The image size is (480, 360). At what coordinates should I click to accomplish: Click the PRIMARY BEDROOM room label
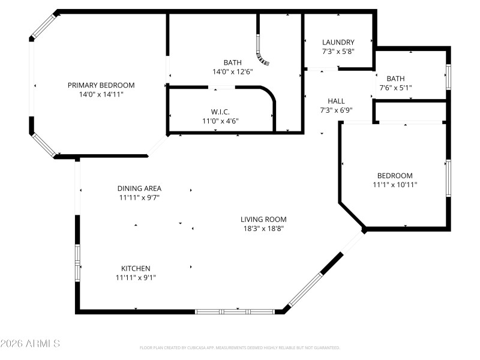(101, 85)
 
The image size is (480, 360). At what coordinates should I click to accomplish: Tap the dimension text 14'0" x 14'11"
(101, 94)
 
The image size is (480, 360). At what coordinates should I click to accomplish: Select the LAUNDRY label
(338, 42)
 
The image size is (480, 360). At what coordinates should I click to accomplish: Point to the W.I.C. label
(220, 112)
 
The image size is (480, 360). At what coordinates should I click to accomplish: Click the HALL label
(336, 101)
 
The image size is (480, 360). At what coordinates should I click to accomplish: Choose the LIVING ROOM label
(263, 219)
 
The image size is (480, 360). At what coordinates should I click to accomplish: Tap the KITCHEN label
(136, 268)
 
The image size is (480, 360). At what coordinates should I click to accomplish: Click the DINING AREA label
(139, 188)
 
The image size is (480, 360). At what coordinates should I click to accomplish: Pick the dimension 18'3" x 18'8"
(263, 229)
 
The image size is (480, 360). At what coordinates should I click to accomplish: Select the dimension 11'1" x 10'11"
(395, 185)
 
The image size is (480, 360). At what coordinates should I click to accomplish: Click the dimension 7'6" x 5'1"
(395, 88)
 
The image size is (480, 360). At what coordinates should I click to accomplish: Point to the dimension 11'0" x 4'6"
(220, 121)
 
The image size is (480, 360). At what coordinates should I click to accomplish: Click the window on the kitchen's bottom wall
(235, 311)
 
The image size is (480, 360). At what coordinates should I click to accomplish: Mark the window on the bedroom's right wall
(448, 178)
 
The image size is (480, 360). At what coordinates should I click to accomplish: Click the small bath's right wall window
(448, 77)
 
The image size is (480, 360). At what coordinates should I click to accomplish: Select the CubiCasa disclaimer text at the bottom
(240, 347)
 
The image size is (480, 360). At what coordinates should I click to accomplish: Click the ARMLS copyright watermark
(30, 344)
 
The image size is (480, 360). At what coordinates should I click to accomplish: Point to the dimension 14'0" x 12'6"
(233, 71)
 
